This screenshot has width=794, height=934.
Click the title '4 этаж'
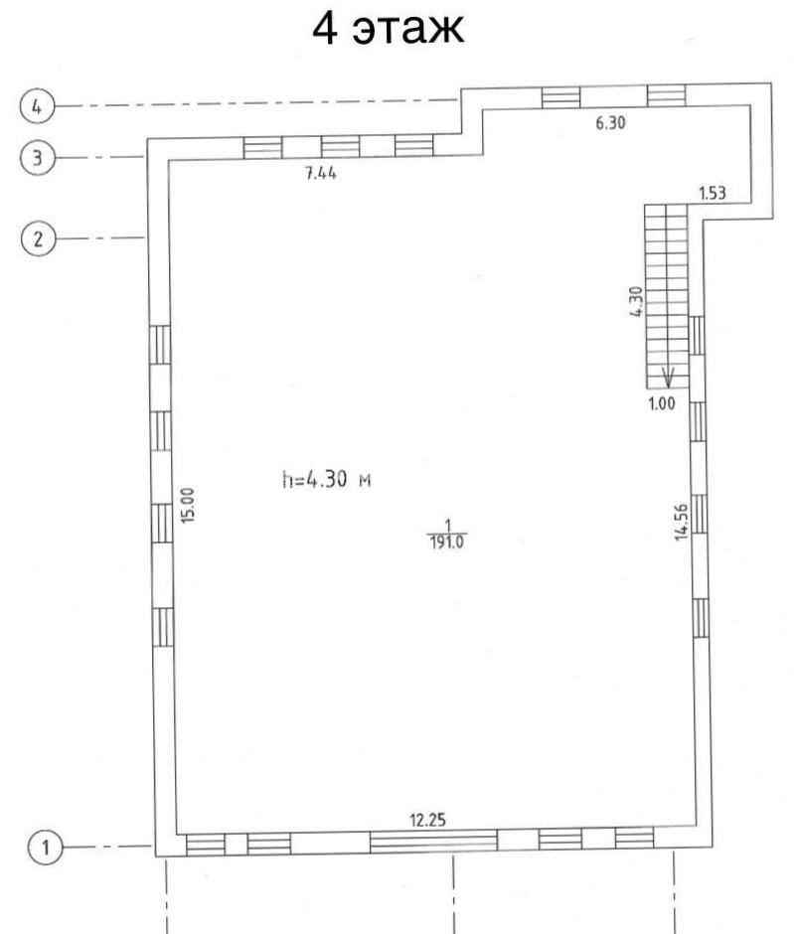tap(388, 28)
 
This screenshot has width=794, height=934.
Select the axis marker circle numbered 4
tap(37, 106)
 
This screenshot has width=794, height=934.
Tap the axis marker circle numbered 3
tap(37, 158)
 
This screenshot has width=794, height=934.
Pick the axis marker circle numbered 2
tap(38, 238)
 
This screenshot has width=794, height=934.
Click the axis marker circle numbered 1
tap(46, 847)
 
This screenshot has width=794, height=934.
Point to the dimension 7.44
tap(320, 173)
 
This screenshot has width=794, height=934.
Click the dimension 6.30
tap(610, 122)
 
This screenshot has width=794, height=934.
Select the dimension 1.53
tap(713, 193)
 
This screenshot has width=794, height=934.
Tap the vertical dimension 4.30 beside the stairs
tap(637, 301)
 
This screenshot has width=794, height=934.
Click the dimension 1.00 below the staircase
tap(662, 403)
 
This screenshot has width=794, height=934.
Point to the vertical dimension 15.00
tap(188, 505)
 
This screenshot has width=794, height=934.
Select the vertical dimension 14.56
tap(682, 522)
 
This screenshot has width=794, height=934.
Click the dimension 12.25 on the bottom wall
tap(427, 820)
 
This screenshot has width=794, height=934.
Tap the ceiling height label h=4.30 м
tap(326, 479)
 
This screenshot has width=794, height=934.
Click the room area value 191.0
tap(447, 543)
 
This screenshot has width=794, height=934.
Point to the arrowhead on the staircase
tap(669, 379)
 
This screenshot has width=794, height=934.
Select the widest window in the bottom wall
tap(433, 842)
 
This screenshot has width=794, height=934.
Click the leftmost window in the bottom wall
tap(206, 845)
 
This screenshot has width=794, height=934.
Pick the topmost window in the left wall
tap(160, 345)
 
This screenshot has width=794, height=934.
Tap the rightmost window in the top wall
tap(667, 95)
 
